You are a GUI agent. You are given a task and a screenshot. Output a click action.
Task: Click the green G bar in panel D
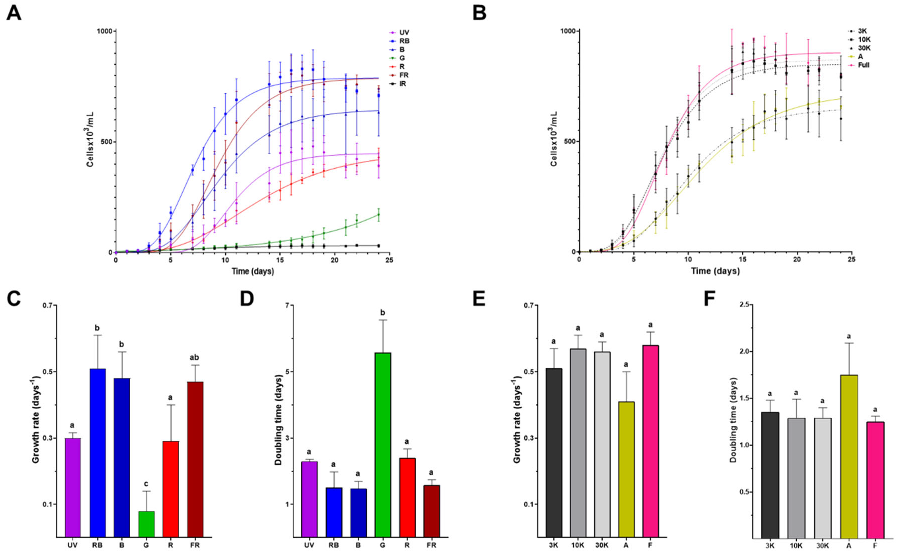pyautogui.click(x=383, y=444)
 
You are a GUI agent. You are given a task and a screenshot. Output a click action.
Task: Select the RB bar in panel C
pyautogui.click(x=97, y=452)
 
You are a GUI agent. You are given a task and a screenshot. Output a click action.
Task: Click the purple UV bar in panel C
pyautogui.click(x=73, y=487)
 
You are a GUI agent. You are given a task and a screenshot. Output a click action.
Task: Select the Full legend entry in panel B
pyautogui.click(x=863, y=65)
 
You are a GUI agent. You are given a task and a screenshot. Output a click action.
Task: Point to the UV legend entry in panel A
pyautogui.click(x=404, y=33)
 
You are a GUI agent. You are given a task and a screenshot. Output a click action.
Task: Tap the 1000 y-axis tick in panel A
pyautogui.click(x=104, y=31)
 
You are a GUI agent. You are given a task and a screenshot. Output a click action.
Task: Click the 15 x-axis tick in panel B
pyautogui.click(x=742, y=260)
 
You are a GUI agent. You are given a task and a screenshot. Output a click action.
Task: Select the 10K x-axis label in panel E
pyautogui.click(x=578, y=545)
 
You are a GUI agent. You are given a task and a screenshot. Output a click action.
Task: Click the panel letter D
pyautogui.click(x=247, y=298)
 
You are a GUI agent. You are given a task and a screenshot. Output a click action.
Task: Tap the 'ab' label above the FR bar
pyautogui.click(x=195, y=357)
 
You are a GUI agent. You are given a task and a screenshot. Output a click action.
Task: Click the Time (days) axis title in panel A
pyautogui.click(x=252, y=272)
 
